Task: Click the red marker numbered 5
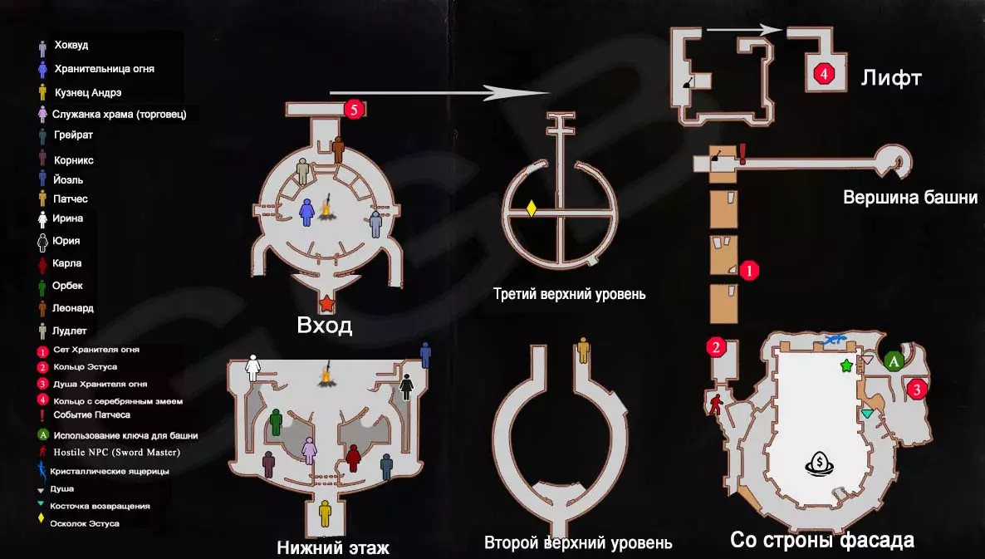(x=354, y=110)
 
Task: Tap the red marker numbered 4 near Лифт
(x=824, y=74)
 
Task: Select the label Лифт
(x=891, y=79)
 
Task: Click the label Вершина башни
(x=910, y=197)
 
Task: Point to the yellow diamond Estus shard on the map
(x=532, y=208)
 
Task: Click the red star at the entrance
(x=326, y=304)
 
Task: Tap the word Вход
(x=324, y=326)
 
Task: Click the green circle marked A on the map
(x=894, y=360)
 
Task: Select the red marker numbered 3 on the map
(x=917, y=390)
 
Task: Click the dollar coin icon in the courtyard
(x=819, y=464)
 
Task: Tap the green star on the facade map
(x=846, y=365)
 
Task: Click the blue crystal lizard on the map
(x=834, y=341)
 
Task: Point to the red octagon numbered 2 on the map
(x=716, y=347)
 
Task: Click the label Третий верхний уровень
(x=569, y=294)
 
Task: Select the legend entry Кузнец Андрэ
(x=88, y=92)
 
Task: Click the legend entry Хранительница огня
(x=105, y=68)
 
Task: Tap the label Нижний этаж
(x=333, y=547)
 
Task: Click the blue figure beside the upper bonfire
(x=306, y=213)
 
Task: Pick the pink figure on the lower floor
(x=309, y=450)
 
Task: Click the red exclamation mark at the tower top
(x=742, y=154)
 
